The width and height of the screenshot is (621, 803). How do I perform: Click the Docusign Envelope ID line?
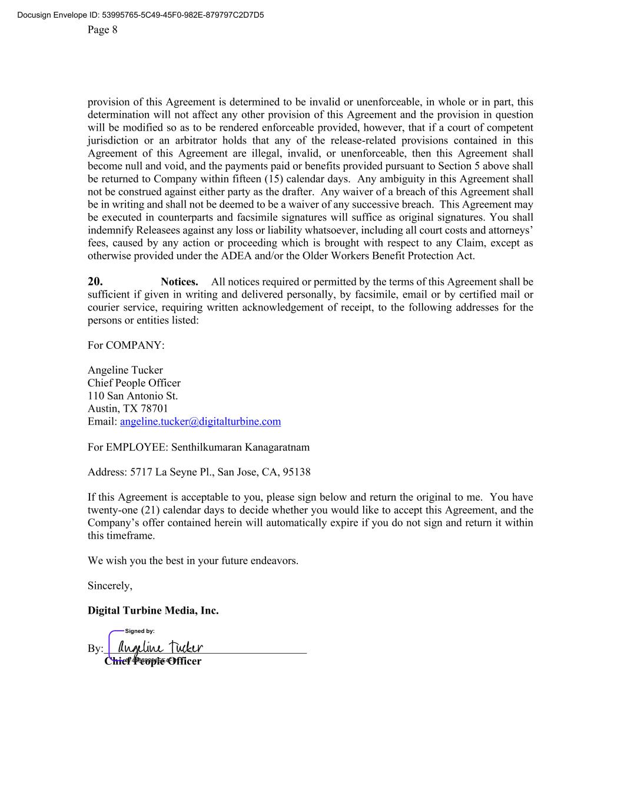click(x=141, y=15)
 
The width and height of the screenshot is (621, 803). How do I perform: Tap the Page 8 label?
click(x=102, y=29)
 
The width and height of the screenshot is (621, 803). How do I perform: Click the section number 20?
click(x=95, y=282)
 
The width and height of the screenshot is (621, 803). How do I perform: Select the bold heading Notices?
click(x=180, y=282)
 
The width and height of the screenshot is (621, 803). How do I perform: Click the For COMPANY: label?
click(x=126, y=345)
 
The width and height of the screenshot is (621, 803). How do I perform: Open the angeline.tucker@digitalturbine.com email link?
click(x=200, y=422)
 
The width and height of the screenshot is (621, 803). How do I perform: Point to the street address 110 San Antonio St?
click(x=132, y=396)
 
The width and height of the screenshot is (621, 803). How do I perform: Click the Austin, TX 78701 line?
click(x=128, y=409)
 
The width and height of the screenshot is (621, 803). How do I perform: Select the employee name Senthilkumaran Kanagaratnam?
click(x=240, y=448)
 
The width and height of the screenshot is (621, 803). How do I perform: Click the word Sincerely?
click(x=110, y=586)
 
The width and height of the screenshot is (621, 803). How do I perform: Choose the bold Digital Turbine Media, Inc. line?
click(x=153, y=611)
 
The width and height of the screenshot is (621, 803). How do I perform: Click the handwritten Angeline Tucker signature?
click(x=160, y=648)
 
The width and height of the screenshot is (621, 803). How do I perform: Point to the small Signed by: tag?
click(x=140, y=631)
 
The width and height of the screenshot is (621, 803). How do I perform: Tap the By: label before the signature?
click(x=95, y=649)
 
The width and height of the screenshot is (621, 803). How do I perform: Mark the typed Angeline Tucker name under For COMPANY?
click(x=125, y=371)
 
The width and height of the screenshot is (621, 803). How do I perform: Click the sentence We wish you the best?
click(x=193, y=561)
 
